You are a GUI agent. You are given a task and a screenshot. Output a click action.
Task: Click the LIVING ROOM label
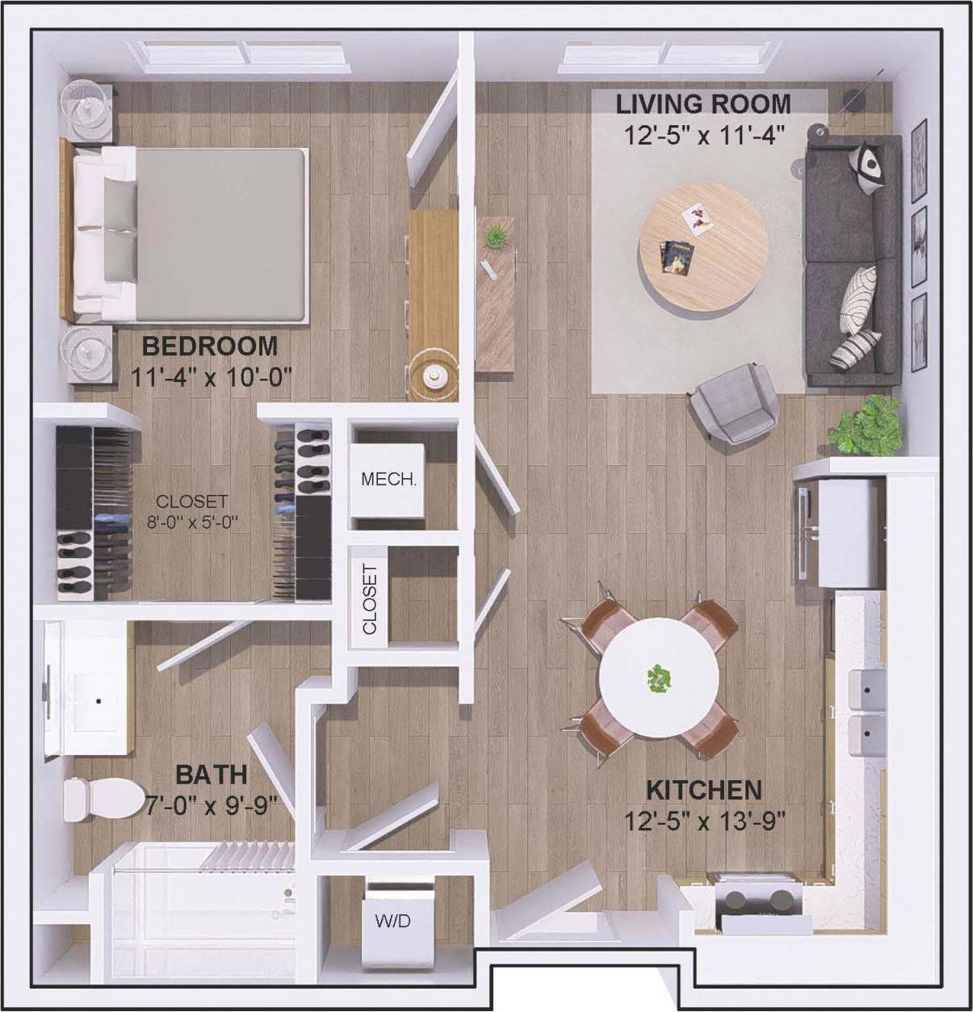[703, 103]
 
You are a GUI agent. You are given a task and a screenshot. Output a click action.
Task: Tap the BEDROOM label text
[210, 346]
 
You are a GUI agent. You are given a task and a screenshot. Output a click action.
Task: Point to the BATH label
[212, 775]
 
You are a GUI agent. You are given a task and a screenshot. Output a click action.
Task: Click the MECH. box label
[388, 479]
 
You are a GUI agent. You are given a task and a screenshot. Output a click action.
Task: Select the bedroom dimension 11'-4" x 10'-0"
[210, 376]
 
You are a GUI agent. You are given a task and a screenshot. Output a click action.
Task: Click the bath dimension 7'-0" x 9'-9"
[211, 805]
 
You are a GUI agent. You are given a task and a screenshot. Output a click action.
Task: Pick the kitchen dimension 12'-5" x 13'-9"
[705, 821]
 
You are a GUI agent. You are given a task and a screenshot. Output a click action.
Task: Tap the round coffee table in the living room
[703, 246]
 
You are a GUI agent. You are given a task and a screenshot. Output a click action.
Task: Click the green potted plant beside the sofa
[867, 425]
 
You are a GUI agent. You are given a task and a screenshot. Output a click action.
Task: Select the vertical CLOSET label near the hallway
[370, 598]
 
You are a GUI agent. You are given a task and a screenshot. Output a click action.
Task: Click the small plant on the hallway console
[493, 237]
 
